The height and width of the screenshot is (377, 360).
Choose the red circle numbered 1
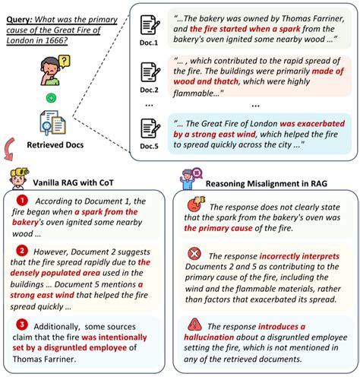23,200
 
